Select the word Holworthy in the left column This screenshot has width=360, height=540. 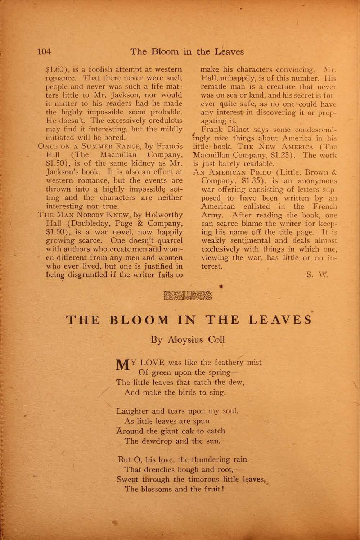pyautogui.click(x=163, y=215)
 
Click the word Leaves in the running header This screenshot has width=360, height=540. pyautogui.click(x=229, y=51)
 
